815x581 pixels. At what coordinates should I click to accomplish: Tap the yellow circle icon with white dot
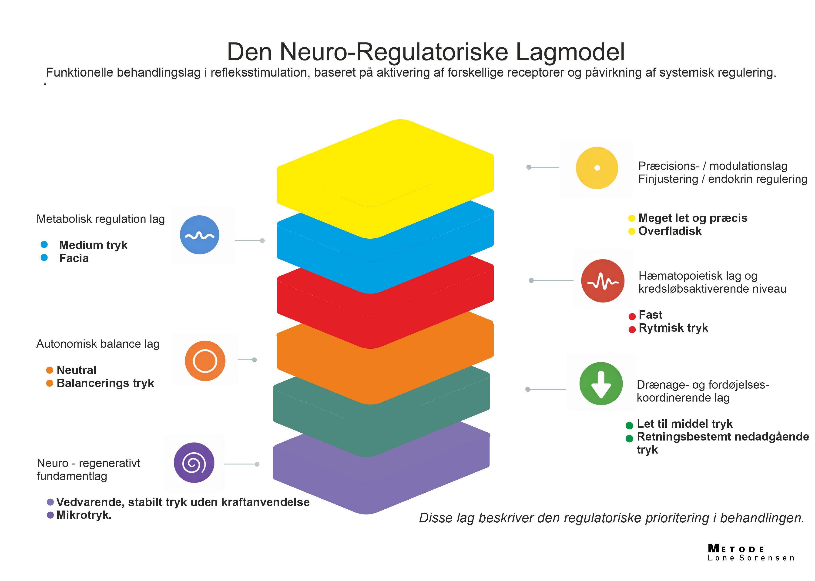(x=597, y=168)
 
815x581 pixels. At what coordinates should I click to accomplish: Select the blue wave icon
(x=199, y=235)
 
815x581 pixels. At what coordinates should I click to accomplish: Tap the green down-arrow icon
(x=601, y=384)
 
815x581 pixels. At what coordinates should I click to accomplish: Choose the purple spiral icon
(x=194, y=463)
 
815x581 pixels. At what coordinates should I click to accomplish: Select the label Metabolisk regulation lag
(x=101, y=219)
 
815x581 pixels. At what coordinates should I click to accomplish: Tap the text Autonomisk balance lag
(x=98, y=344)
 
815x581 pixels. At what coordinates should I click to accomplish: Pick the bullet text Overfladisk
(x=670, y=231)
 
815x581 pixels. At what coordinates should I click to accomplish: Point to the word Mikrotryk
(x=84, y=515)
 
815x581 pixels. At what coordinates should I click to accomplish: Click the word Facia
(x=74, y=258)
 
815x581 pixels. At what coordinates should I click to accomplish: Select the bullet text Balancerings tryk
(x=105, y=383)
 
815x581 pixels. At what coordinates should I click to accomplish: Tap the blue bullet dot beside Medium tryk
(x=44, y=245)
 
